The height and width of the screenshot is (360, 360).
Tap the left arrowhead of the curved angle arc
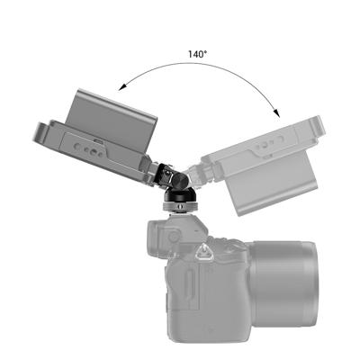coord(120,87)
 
